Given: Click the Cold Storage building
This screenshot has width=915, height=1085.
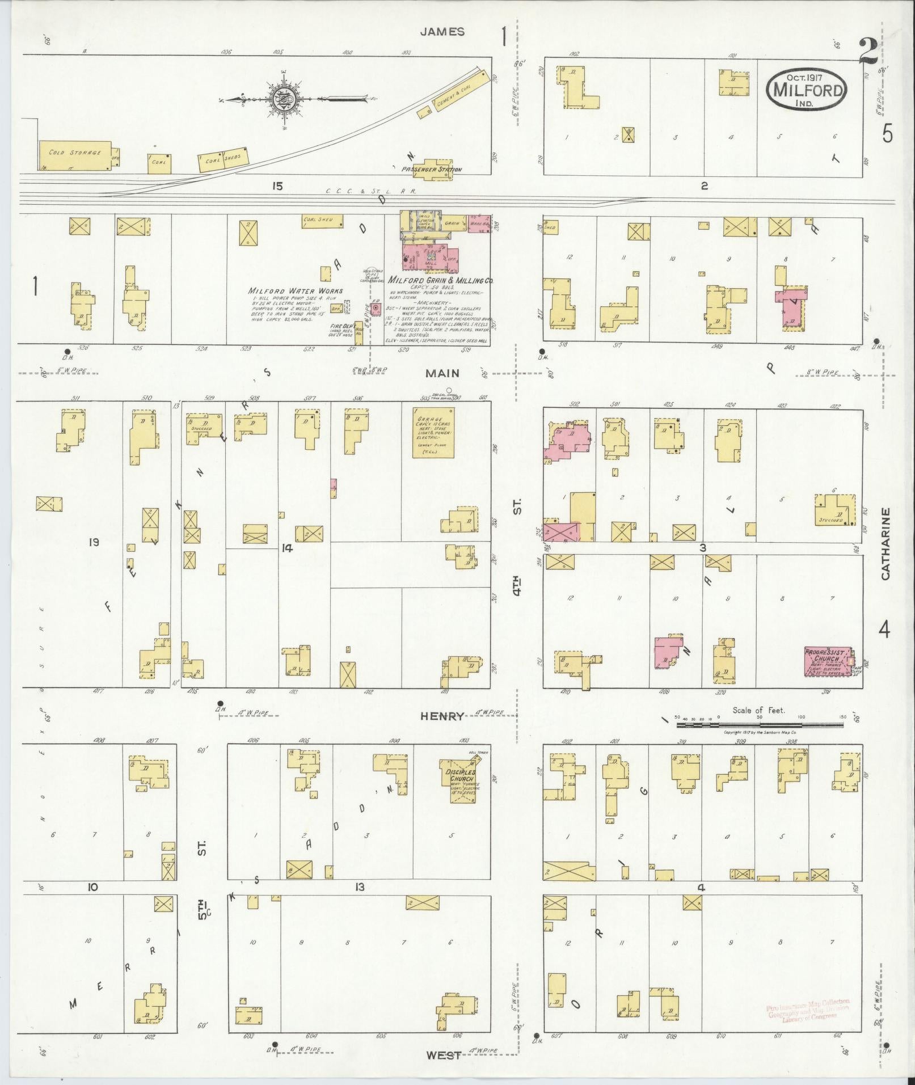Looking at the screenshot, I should click(75, 155).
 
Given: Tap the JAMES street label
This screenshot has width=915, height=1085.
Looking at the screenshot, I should click(442, 32).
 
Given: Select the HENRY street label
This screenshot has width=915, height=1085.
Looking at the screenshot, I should click(442, 716).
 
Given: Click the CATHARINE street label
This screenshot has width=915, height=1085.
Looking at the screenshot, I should click(886, 543).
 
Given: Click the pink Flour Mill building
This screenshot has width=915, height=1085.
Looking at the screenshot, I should click(428, 256).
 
